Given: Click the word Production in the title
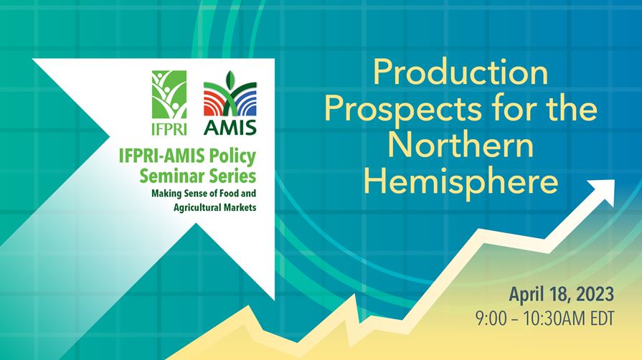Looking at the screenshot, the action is coord(461,72).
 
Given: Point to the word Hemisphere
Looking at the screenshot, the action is coord(461,182).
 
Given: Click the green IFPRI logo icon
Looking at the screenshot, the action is coord(169,95).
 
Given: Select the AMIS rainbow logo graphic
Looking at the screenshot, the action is coord(230,94).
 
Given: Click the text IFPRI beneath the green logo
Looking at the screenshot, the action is coord(169,128).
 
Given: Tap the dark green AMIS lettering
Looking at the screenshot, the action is coord(230,128).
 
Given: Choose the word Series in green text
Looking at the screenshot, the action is coord(232,176).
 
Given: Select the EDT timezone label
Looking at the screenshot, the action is coord(603,318).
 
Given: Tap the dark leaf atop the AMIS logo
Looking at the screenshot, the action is coord(230,78).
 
